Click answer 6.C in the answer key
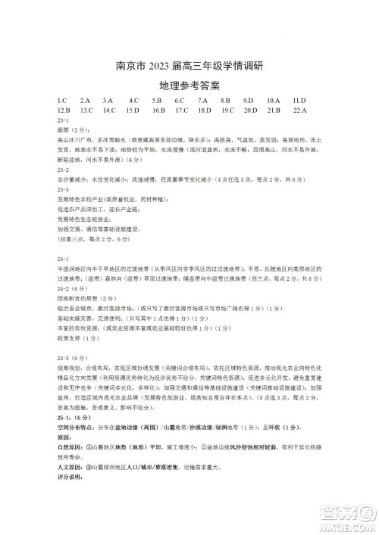click(180, 100)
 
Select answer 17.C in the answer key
click(181, 110)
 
